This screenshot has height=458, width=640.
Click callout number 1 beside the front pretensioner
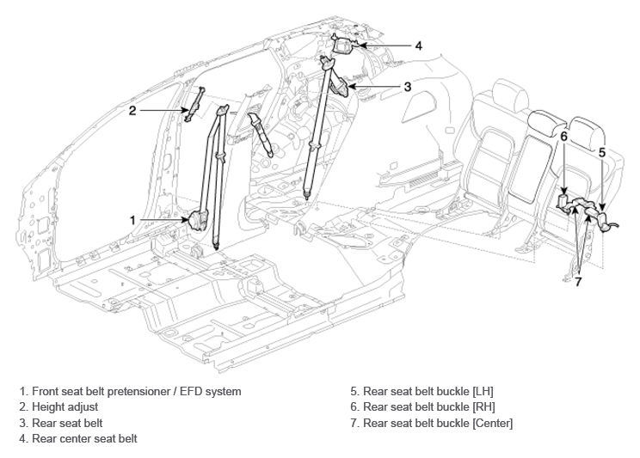pos(132,220)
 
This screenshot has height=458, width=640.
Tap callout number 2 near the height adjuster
pos(132,110)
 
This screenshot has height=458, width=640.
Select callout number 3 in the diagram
pos(408,87)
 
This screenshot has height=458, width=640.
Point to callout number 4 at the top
pos(418,46)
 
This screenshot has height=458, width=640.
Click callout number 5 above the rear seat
pos(602,153)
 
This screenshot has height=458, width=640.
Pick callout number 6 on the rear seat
pos(563,137)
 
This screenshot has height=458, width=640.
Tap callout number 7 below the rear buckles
pos(578,281)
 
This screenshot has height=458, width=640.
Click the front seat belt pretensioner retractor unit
pos(198,220)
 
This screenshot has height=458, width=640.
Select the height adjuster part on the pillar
pos(194,105)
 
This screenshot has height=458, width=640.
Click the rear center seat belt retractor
pos(344,44)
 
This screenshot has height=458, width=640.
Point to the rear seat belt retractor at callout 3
pos(340,86)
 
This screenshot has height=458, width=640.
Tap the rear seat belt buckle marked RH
pos(563,202)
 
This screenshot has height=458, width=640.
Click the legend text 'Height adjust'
pos(65,407)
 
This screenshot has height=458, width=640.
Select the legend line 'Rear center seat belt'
pos(84,439)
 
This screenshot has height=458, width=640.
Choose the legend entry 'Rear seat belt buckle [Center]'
pos(438,423)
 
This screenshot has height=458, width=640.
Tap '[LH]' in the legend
pos(483,392)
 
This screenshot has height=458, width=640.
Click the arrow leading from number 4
pos(385,46)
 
